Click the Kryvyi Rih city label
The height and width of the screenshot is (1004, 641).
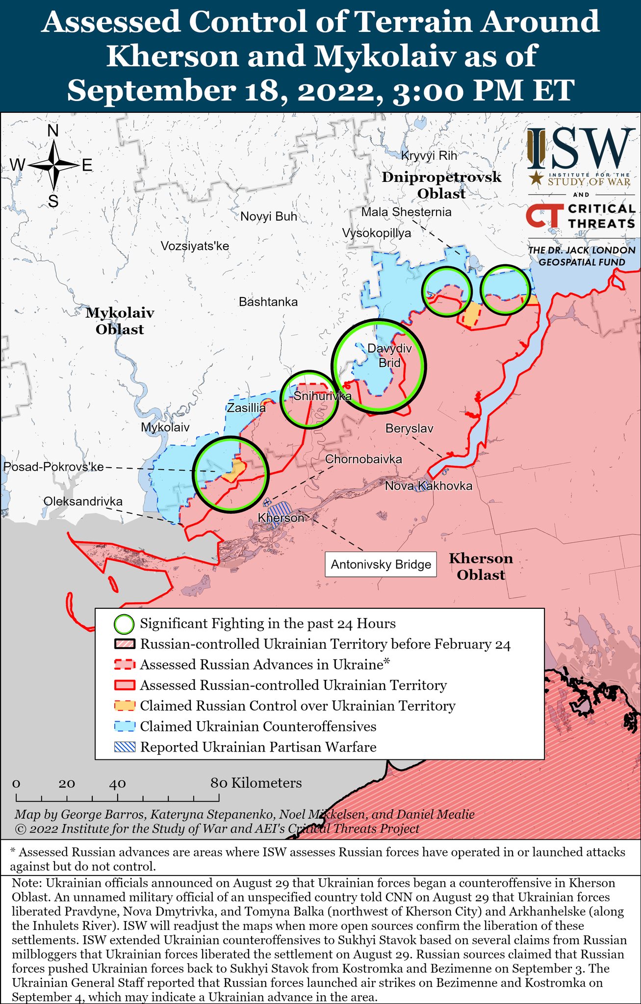(x=429, y=156)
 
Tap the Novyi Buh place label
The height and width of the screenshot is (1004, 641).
(x=269, y=216)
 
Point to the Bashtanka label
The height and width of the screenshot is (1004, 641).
(x=268, y=302)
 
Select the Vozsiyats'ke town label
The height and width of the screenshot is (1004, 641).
(x=195, y=246)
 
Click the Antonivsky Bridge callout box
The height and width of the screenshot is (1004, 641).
(x=381, y=564)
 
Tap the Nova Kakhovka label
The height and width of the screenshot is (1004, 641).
(x=428, y=486)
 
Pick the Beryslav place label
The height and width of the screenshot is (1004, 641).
(x=409, y=428)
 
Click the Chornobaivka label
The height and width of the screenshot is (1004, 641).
(x=363, y=459)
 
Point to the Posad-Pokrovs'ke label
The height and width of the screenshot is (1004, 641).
(x=53, y=467)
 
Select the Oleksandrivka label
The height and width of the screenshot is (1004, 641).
(x=83, y=502)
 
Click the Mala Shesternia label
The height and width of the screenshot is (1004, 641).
(x=406, y=212)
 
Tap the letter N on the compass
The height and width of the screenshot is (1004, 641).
(x=53, y=131)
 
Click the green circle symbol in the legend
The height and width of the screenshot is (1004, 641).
(x=124, y=624)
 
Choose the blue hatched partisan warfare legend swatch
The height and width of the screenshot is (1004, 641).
(x=124, y=747)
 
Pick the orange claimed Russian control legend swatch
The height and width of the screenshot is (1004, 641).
(x=124, y=706)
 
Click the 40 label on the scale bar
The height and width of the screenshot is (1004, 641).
(x=117, y=783)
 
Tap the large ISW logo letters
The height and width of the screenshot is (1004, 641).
(x=579, y=149)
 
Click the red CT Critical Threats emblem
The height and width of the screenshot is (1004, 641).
(x=543, y=216)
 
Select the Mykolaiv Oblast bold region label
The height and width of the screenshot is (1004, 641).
(x=120, y=321)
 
